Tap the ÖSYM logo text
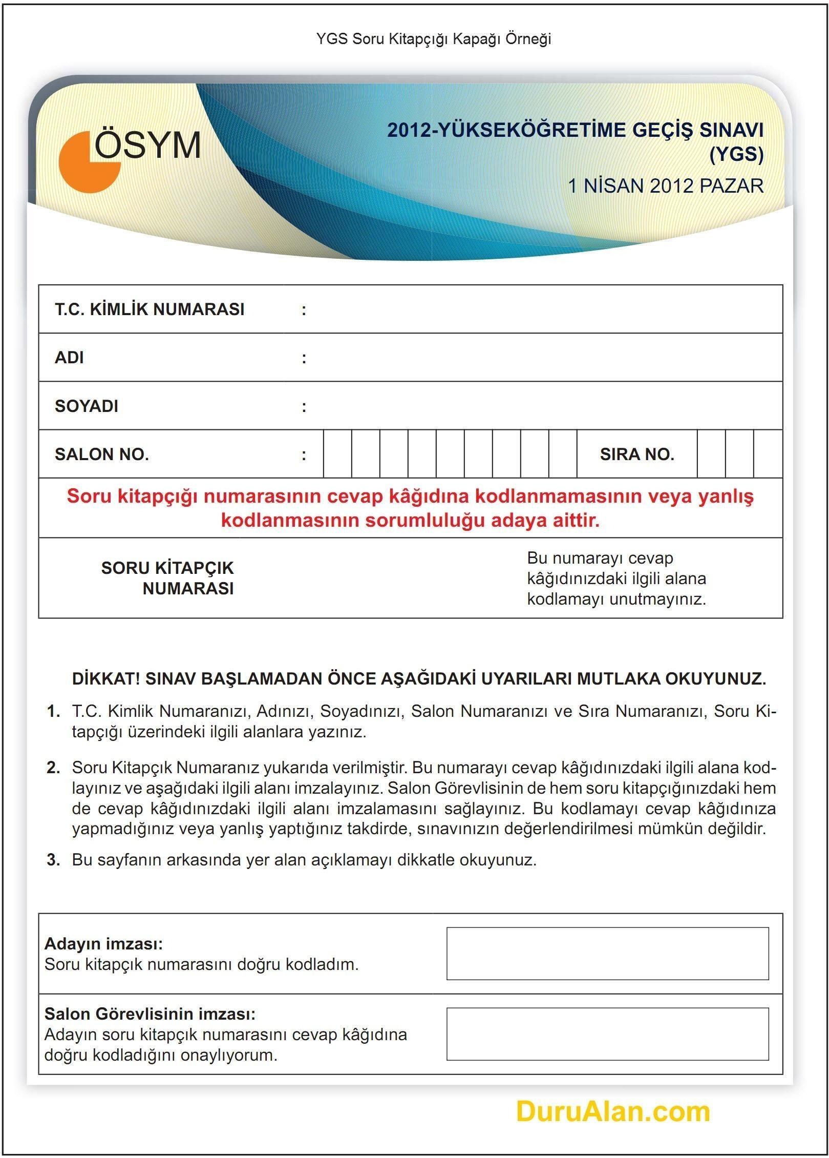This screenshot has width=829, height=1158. (148, 145)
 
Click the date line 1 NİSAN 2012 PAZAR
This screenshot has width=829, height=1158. (665, 185)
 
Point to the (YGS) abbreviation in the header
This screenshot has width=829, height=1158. (736, 154)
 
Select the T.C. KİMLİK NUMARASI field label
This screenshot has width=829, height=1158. (150, 309)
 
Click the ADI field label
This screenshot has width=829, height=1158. (69, 358)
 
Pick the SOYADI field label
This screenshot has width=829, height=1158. (87, 406)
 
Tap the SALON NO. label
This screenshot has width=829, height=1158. (102, 454)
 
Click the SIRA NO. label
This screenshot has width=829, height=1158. (637, 454)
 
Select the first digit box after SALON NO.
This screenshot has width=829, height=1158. (337, 454)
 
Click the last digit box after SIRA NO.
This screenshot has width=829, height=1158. (768, 454)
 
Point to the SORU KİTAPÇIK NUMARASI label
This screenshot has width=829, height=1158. (167, 578)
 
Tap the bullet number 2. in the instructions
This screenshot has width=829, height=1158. (53, 768)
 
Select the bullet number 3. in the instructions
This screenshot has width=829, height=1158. (53, 860)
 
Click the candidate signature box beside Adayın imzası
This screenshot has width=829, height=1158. (607, 954)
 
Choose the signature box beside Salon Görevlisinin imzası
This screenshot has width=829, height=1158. (607, 1035)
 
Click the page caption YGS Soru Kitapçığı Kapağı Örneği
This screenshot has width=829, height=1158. (433, 39)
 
